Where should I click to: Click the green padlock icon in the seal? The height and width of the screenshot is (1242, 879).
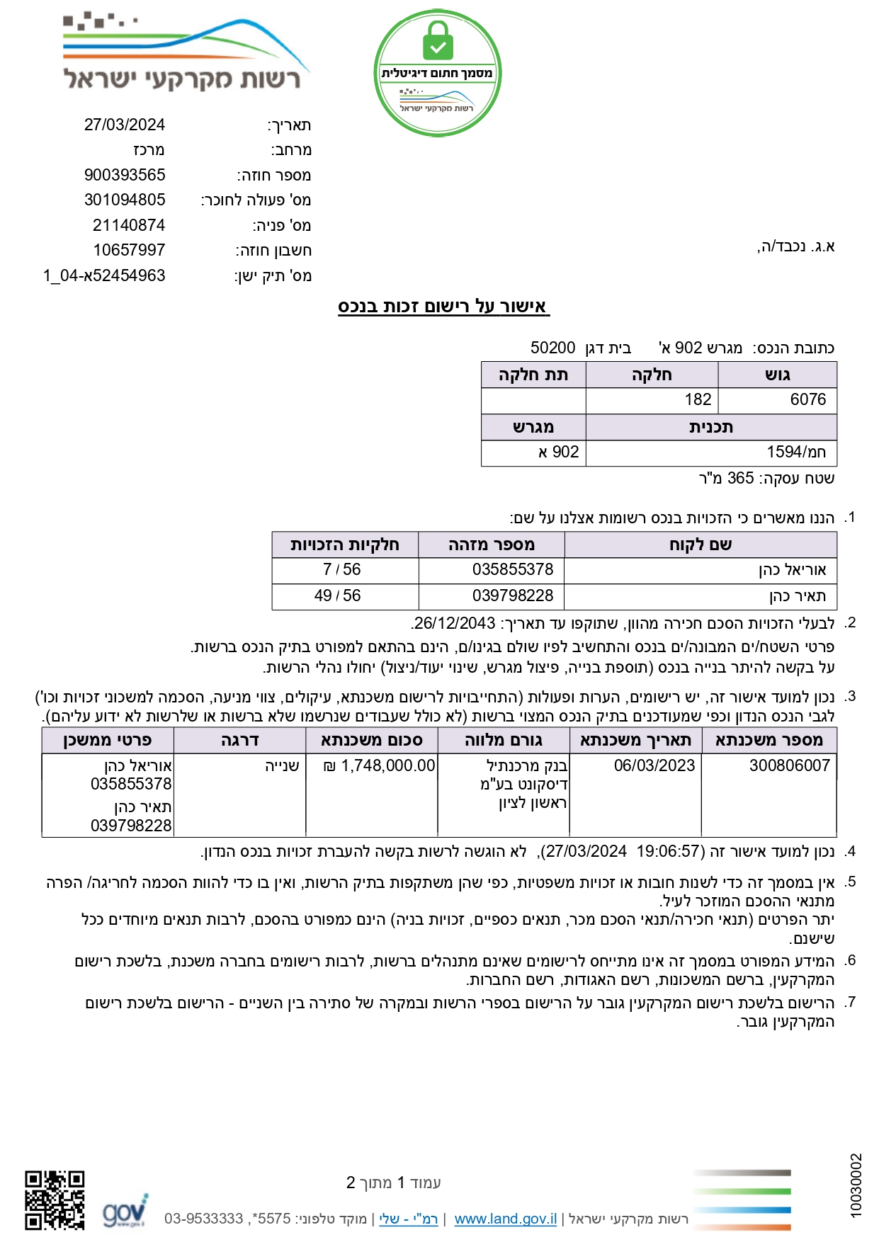point(438,40)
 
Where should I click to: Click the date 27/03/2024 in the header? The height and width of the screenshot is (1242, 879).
point(125,125)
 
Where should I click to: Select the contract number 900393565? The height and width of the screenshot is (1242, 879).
point(125,175)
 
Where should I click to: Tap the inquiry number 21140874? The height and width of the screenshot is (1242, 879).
point(129,225)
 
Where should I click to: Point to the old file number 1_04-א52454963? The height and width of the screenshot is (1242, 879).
point(104,275)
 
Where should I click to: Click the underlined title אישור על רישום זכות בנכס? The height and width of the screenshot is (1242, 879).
point(443,307)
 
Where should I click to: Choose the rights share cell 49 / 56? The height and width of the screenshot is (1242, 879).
point(337,596)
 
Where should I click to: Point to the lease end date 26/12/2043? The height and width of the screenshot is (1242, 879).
point(455,624)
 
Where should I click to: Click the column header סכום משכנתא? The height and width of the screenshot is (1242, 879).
point(372,741)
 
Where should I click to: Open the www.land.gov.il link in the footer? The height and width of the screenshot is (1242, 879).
point(505,1219)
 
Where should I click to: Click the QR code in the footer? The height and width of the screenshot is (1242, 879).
point(55,1200)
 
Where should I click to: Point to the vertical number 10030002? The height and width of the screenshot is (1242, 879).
point(856,1186)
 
